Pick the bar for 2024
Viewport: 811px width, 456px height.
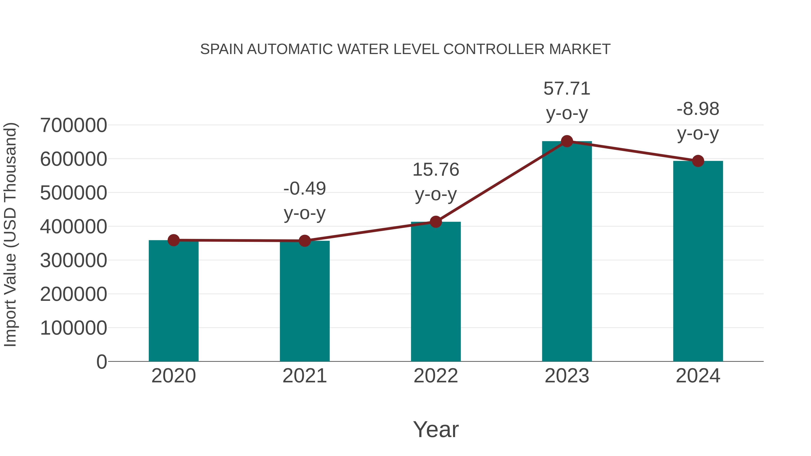698,261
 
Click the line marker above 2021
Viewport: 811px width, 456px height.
304,241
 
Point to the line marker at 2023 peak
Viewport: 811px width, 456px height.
567,141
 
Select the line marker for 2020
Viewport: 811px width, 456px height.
173,240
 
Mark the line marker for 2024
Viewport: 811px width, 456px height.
698,161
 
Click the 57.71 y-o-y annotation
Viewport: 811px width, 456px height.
567,100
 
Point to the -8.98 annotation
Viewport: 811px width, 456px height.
698,121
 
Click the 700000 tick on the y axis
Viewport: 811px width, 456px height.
73,125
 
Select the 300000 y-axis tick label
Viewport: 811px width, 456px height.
73,260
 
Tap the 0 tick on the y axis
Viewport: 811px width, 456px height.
101,362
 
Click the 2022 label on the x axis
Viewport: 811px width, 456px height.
436,376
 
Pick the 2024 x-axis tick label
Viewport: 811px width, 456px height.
698,376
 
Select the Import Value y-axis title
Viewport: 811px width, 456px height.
10,234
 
